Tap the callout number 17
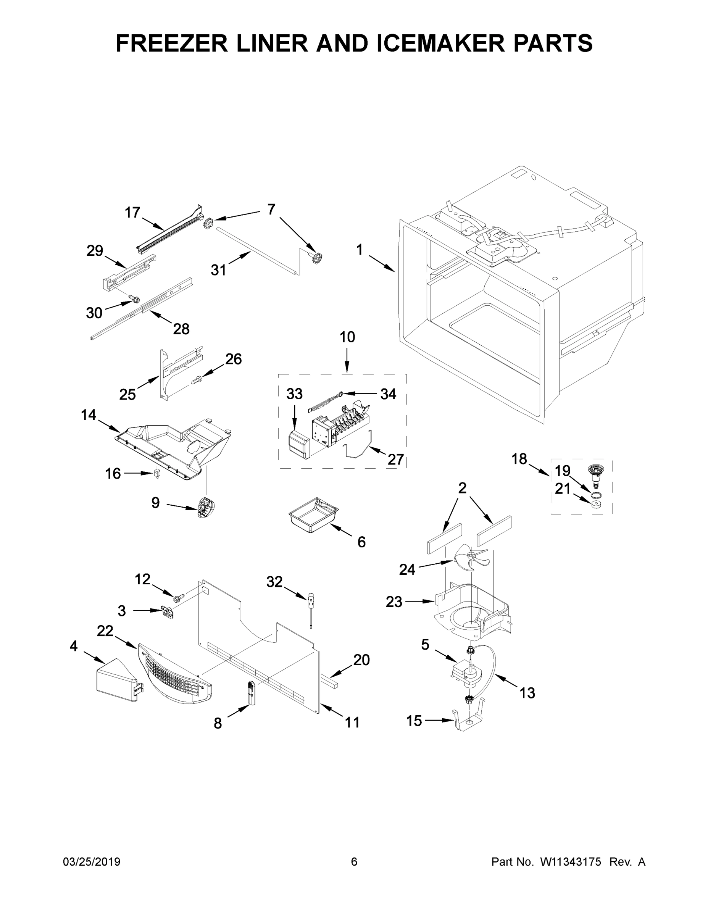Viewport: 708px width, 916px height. [132, 213]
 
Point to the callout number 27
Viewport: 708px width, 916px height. [395, 459]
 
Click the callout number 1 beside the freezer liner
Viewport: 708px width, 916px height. [360, 250]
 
